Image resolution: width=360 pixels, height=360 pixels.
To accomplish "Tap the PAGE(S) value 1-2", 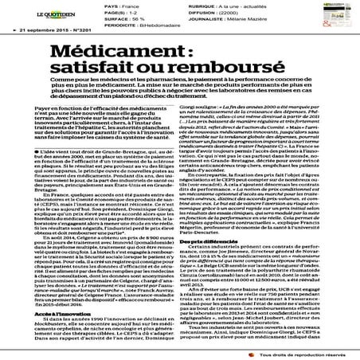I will [x=117, y=14].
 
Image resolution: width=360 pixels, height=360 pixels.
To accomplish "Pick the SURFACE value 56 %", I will [x=120, y=20].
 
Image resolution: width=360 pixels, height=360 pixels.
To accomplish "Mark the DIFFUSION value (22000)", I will [x=236, y=14].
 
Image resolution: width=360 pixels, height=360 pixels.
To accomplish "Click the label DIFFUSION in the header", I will [x=202, y=14].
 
